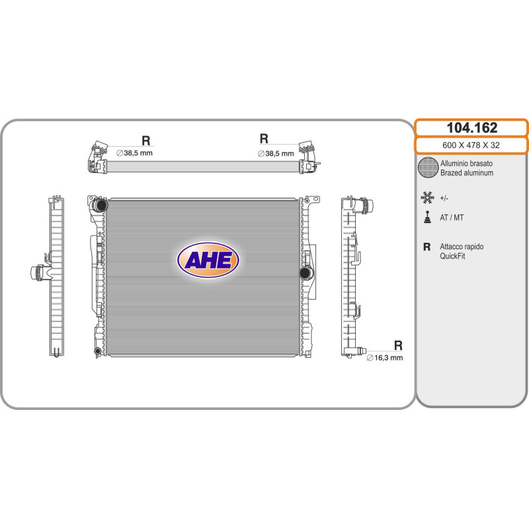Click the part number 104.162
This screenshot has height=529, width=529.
click(x=471, y=128)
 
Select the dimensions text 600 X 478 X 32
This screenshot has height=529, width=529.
click(x=471, y=145)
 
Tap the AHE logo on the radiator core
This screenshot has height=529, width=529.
click(x=208, y=260)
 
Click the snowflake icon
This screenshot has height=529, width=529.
click(x=427, y=198)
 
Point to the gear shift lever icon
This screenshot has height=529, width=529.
click(x=427, y=218)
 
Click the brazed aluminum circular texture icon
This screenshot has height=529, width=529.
click(x=428, y=167)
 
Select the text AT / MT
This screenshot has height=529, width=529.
click(x=452, y=218)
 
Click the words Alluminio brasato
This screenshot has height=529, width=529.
click(x=466, y=163)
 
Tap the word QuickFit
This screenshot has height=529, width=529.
click(x=452, y=256)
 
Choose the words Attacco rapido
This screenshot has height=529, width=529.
click(x=462, y=247)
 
